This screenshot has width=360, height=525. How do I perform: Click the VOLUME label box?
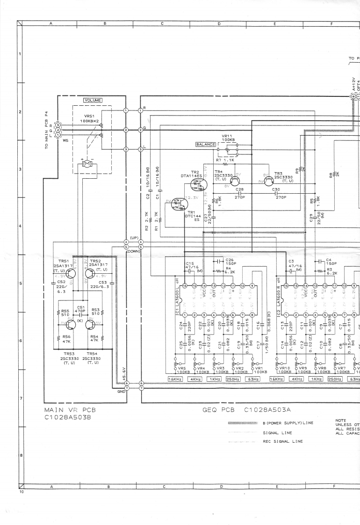pyautogui.click(x=93, y=100)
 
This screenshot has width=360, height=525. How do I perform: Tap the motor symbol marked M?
pyautogui.click(x=87, y=163)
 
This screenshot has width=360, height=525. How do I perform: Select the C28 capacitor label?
pyautogui.click(x=239, y=189)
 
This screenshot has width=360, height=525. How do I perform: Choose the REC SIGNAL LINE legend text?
pyautogui.click(x=283, y=441)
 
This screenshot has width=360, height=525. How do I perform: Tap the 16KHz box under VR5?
pyautogui.click(x=176, y=379)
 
